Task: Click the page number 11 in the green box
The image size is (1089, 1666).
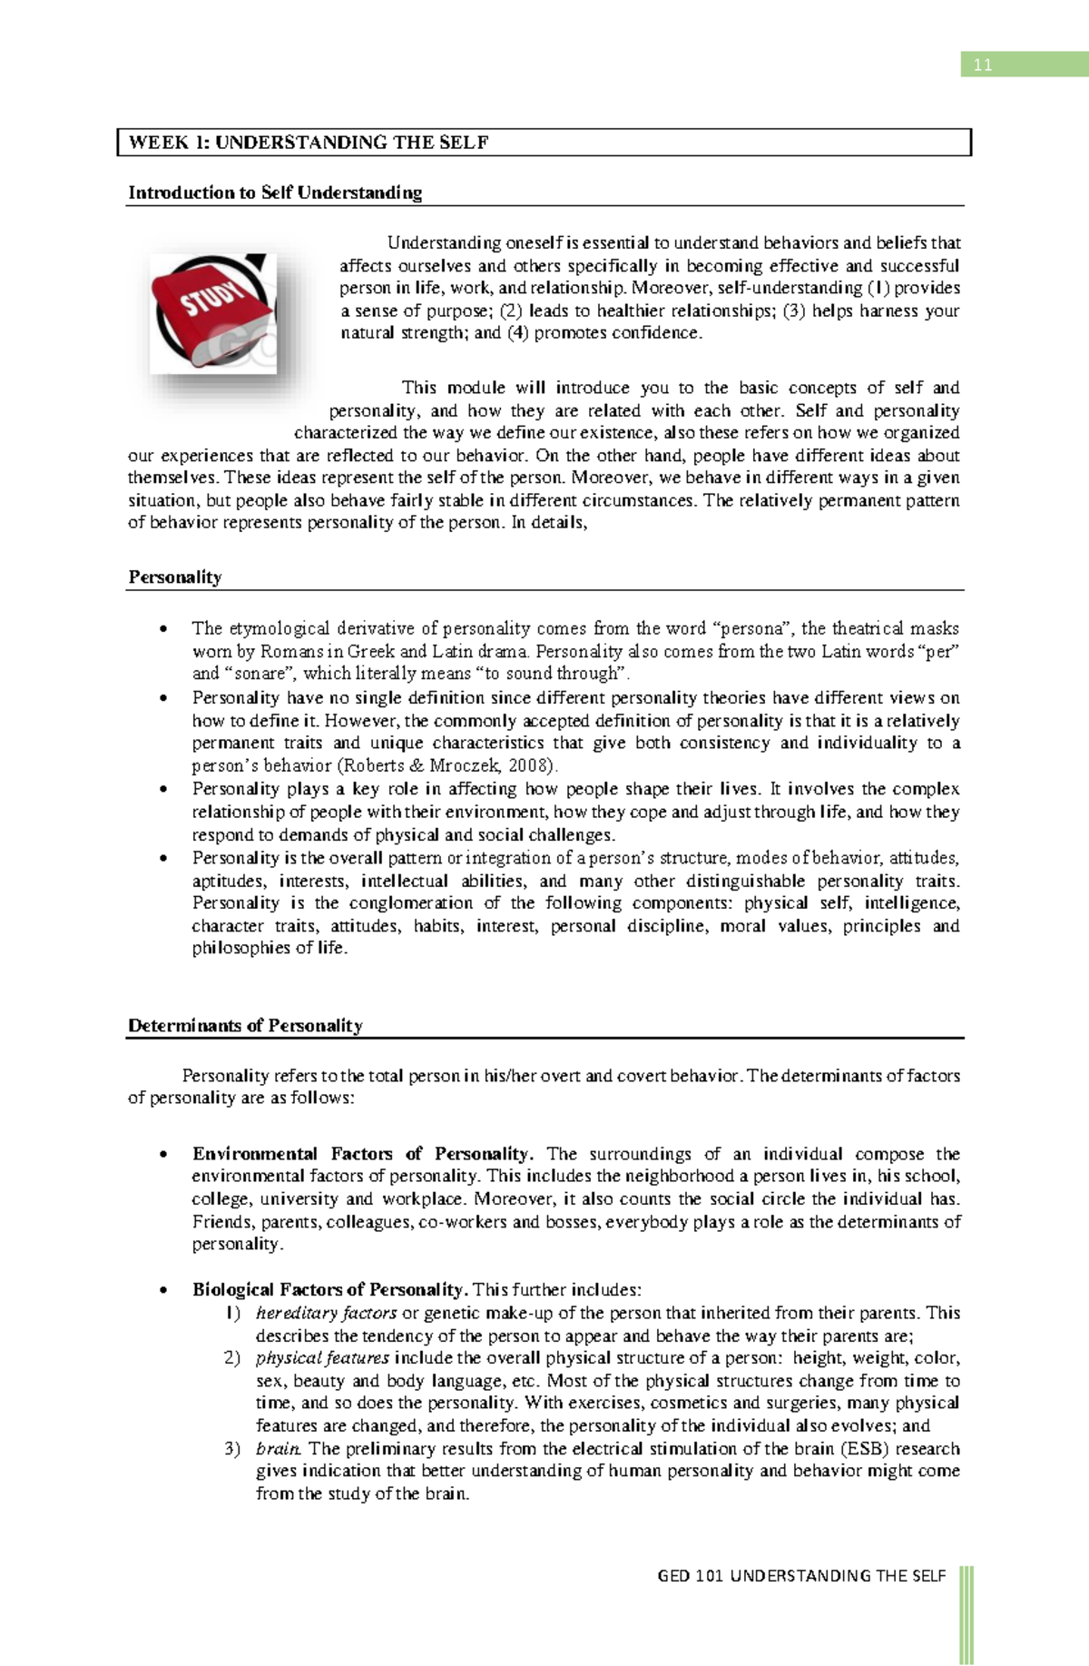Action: coord(983,64)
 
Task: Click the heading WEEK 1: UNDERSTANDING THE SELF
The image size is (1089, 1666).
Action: coord(309,143)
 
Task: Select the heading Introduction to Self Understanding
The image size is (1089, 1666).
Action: coord(275,192)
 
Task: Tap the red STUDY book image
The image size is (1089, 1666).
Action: coord(214,312)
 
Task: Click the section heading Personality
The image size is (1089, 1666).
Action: coord(175,577)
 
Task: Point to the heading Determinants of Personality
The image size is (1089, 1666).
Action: coord(245,1025)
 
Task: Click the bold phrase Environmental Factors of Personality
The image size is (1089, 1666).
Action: coord(362,1154)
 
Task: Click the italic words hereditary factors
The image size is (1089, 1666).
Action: coord(326,1313)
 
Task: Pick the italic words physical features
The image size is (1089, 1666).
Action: coord(322,1358)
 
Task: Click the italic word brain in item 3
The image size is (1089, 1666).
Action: coord(278,1449)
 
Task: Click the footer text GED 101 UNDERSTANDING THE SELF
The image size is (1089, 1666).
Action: coord(801,1576)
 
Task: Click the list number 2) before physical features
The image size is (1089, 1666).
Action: coord(232,1358)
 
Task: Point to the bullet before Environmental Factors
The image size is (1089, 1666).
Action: coord(163,1155)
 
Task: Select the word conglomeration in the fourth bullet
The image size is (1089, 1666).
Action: coord(410,903)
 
